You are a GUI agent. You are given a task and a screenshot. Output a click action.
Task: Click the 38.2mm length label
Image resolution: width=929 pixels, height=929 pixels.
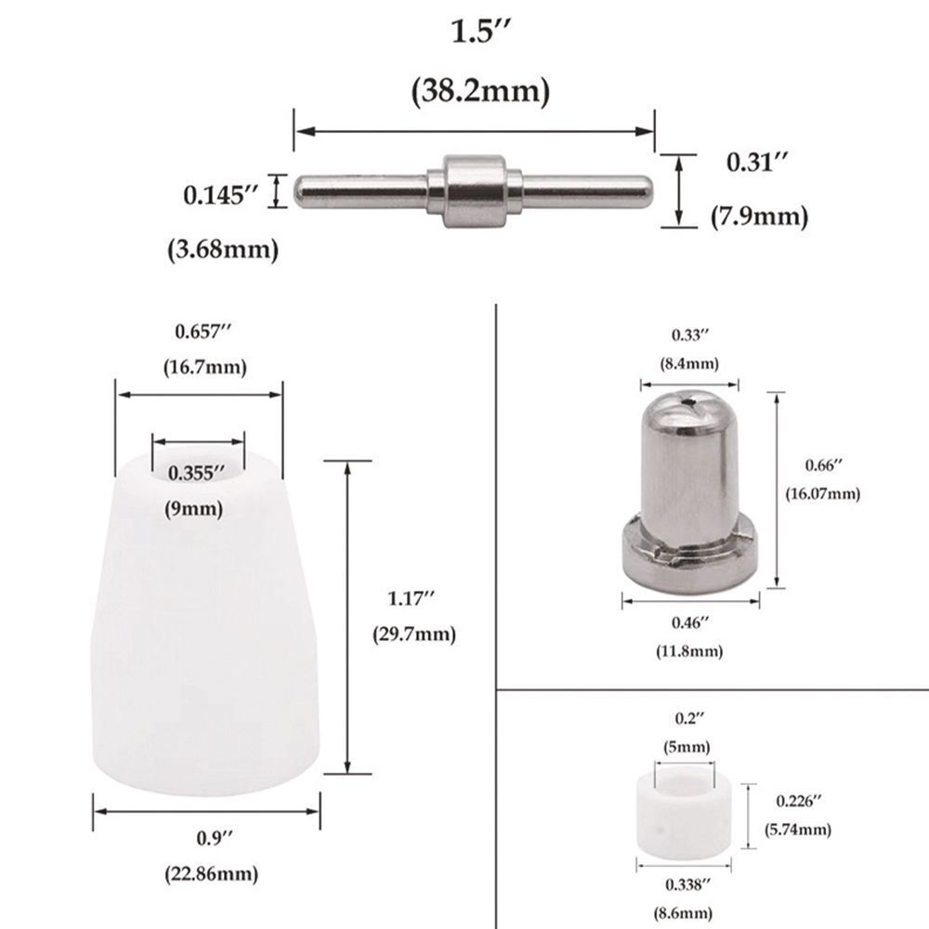point(480,91)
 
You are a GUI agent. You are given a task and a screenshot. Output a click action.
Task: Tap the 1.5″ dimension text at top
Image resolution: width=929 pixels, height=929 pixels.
point(480,32)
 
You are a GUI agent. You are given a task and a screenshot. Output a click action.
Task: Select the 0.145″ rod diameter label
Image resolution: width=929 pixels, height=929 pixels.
point(221,194)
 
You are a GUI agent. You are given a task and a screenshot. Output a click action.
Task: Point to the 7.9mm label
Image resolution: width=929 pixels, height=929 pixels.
point(760,216)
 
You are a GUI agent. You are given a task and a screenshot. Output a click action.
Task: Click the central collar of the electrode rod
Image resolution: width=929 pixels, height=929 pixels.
point(475,190)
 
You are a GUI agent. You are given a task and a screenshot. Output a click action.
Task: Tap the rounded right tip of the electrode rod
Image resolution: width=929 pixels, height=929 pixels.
point(647,190)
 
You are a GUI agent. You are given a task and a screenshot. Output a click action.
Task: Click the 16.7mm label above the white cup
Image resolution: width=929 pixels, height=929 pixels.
point(205,367)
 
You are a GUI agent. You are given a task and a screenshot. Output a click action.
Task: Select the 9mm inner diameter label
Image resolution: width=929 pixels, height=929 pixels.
point(194,509)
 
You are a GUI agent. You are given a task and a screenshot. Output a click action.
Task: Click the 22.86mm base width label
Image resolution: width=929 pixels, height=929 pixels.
point(212,874)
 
